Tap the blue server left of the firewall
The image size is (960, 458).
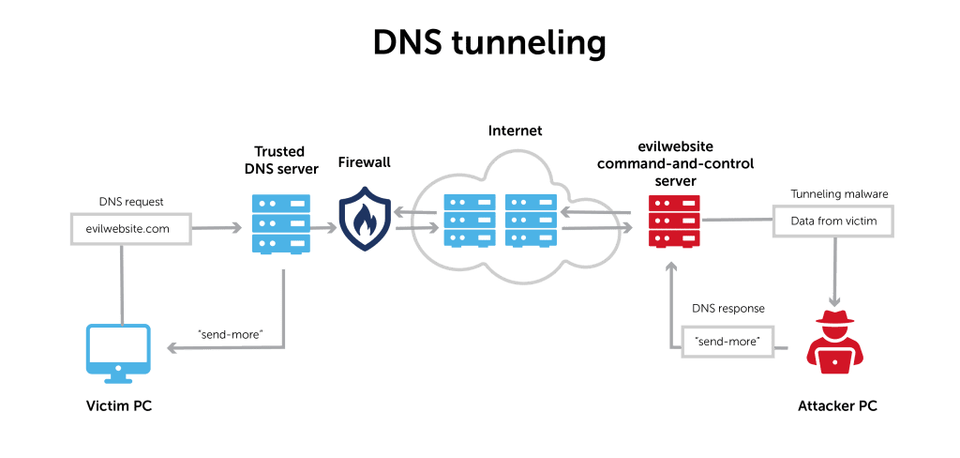coord(280,223)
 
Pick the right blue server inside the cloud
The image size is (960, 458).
coord(531,223)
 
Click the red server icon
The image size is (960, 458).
coord(674,221)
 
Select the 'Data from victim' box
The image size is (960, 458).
coord(831,221)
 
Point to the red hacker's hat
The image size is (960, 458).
coord(832,315)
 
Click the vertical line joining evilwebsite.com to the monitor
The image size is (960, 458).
coord(121,282)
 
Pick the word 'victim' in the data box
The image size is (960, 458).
coord(857,221)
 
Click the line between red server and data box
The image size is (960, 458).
coord(736,221)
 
